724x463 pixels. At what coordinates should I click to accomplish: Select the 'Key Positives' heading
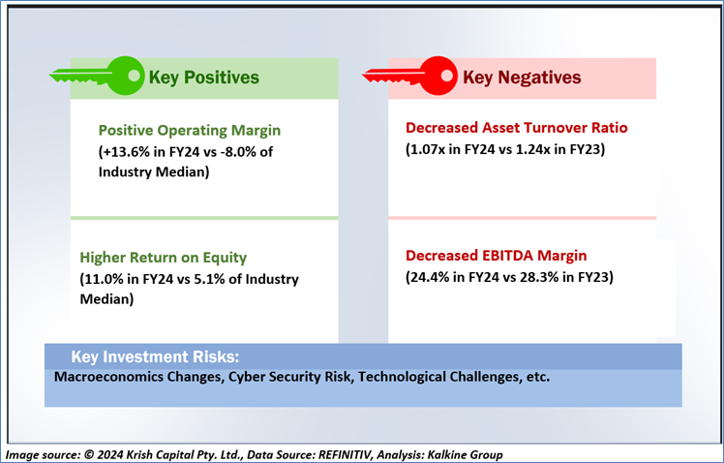pyautogui.click(x=203, y=77)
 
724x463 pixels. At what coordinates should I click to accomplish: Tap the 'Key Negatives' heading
pyautogui.click(x=522, y=77)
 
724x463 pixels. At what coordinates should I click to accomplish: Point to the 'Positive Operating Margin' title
pyautogui.click(x=190, y=131)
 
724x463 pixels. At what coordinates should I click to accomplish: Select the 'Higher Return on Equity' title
pyautogui.click(x=164, y=258)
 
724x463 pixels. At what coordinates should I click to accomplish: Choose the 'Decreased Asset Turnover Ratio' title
pyautogui.click(x=517, y=128)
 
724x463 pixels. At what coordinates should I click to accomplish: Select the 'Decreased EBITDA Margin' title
pyautogui.click(x=497, y=256)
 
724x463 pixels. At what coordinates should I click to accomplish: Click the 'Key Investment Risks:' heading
pyautogui.click(x=155, y=356)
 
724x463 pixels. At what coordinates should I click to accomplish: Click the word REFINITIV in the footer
pyautogui.click(x=345, y=455)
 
